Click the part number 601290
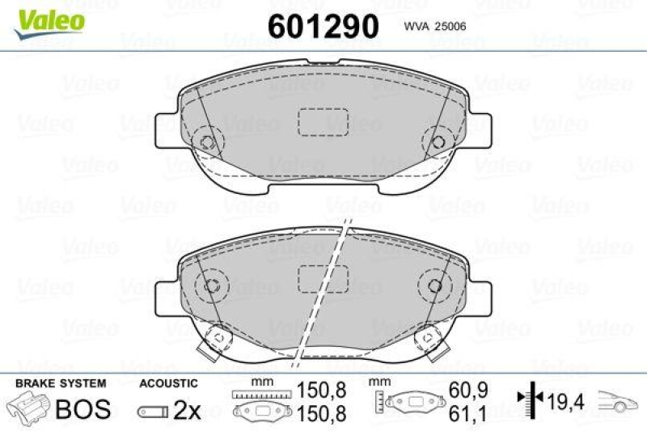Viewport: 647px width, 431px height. coord(323,27)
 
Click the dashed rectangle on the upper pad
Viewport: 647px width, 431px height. coord(323,121)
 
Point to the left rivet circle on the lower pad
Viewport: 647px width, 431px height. coord(214,285)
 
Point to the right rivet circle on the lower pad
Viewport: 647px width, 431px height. coord(434,285)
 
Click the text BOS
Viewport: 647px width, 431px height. coord(82,409)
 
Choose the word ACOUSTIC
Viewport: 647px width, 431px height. coord(167,382)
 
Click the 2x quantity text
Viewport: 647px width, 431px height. coord(186,411)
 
